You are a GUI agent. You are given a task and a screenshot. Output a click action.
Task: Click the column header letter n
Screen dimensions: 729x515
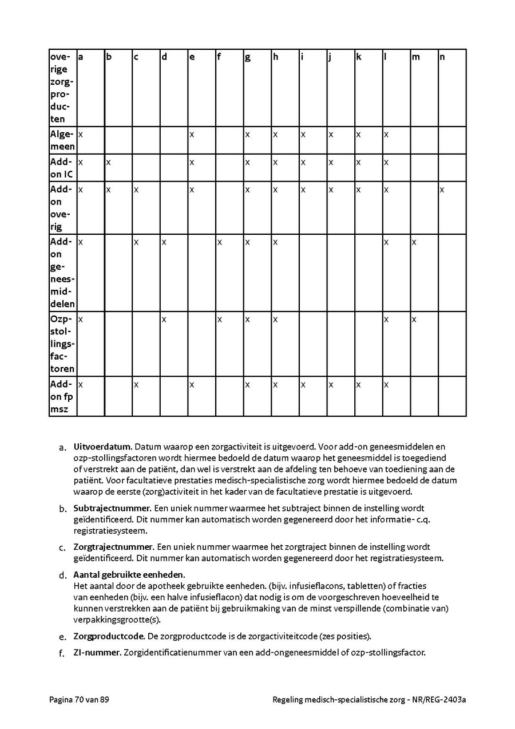442,57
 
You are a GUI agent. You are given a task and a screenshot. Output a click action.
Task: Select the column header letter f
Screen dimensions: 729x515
219,57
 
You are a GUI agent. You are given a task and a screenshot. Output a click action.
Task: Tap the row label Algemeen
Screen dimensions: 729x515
62,140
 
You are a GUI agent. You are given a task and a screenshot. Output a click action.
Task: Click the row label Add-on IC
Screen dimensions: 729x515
62,168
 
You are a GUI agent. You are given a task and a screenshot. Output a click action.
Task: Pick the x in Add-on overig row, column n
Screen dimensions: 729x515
442,190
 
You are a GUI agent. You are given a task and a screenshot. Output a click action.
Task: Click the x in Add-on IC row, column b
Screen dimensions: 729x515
108,162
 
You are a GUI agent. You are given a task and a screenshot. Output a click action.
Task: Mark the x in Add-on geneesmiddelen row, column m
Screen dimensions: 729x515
414,242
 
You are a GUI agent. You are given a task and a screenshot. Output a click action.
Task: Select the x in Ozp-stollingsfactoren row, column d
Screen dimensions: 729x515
164,319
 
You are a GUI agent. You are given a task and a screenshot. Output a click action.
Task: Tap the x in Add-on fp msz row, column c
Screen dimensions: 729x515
136,384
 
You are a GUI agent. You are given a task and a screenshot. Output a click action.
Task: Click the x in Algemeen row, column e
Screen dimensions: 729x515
192,135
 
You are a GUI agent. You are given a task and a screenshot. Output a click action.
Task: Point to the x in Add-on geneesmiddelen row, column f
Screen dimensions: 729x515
219,242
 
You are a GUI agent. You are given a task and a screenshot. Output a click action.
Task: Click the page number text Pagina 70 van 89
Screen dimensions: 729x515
79,699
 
